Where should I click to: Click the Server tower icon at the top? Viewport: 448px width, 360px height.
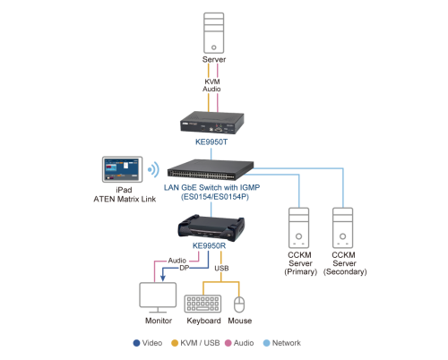pyautogui.click(x=213, y=33)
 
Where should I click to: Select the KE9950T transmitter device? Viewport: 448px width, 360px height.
pyautogui.click(x=212, y=123)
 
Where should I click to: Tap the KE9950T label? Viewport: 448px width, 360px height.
pyautogui.click(x=211, y=141)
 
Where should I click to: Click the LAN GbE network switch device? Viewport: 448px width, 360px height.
pyautogui.click(x=211, y=169)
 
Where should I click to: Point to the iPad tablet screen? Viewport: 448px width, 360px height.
pyautogui.click(x=122, y=169)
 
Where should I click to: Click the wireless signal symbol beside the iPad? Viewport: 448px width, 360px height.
pyautogui.click(x=154, y=169)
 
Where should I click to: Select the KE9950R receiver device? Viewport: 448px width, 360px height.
pyautogui.click(x=211, y=227)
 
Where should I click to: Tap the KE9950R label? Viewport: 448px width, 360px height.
pyautogui.click(x=209, y=245)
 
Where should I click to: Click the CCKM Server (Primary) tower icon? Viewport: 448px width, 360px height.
pyautogui.click(x=298, y=227)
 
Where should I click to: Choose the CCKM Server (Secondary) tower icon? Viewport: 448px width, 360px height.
pyautogui.click(x=343, y=227)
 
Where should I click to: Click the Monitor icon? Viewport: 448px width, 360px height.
pyautogui.click(x=158, y=297)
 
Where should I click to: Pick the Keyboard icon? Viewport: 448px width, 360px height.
pyautogui.click(x=202, y=304)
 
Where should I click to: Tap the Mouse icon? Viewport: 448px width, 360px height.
pyautogui.click(x=239, y=304)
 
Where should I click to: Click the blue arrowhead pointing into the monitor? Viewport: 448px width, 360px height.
pyautogui.click(x=163, y=278)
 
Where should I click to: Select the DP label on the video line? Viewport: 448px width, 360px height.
pyautogui.click(x=185, y=268)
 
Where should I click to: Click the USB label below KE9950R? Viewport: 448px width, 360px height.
pyautogui.click(x=221, y=269)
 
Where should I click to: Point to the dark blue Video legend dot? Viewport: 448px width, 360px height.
pyautogui.click(x=136, y=343)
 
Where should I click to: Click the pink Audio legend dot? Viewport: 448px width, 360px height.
pyautogui.click(x=228, y=343)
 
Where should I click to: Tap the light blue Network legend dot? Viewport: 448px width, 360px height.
pyautogui.click(x=266, y=343)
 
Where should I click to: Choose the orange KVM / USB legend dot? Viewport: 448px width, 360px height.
pyautogui.click(x=175, y=343)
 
